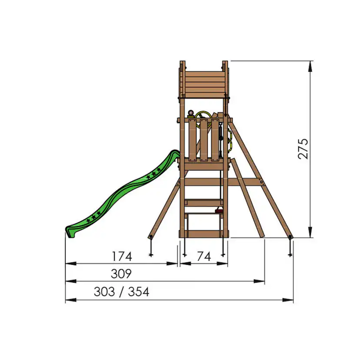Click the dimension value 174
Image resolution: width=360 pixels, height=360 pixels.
point(122,257)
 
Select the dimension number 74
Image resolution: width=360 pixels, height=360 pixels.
point(203,257)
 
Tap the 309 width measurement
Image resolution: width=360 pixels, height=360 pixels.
point(122,274)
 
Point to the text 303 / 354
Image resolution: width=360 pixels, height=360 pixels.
point(121,292)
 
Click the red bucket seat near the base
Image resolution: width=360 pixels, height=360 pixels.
point(219,211)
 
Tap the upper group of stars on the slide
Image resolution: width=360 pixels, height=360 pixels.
point(153,175)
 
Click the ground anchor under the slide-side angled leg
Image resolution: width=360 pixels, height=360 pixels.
point(151,248)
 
